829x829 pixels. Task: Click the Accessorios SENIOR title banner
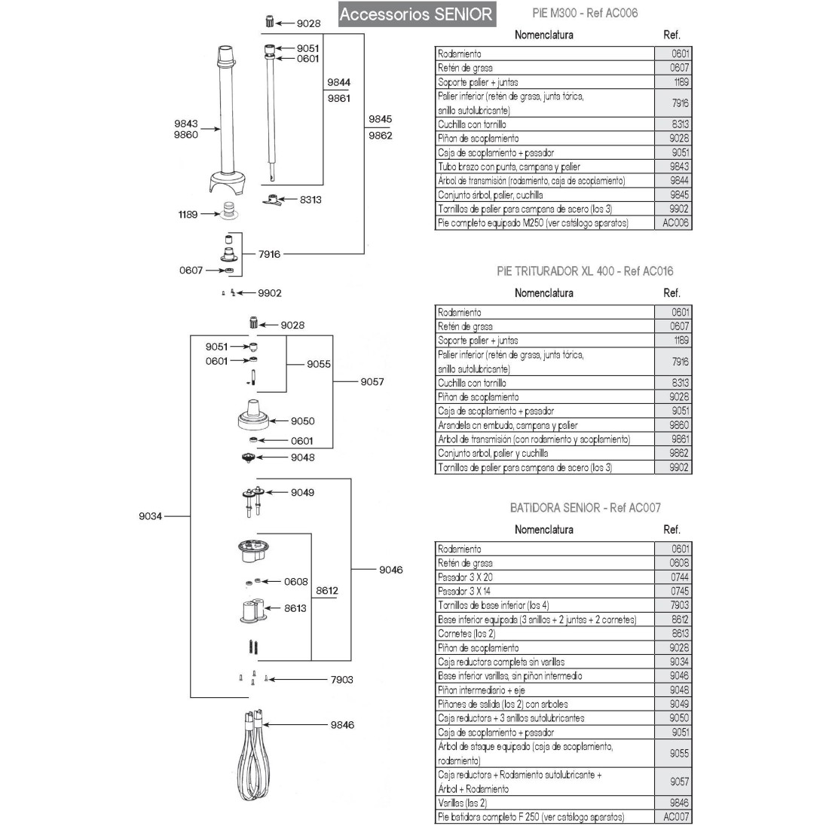coord(416,14)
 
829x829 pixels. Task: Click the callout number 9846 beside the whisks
coord(341,725)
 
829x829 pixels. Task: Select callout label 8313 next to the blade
coord(310,200)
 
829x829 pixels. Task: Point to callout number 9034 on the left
coord(151,516)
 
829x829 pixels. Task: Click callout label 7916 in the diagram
coord(269,254)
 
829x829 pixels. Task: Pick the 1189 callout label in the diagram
coord(188,215)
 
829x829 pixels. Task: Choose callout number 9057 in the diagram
coord(372,381)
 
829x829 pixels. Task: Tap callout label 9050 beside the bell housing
coord(302,421)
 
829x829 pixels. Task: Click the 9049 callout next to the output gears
coord(302,492)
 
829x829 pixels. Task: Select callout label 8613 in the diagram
coord(295,608)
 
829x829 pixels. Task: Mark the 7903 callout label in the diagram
coord(341,679)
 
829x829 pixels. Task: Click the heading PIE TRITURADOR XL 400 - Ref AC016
coord(585,271)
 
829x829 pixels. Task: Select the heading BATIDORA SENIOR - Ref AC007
coord(585,508)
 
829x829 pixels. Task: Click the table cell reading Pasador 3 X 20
coord(545,577)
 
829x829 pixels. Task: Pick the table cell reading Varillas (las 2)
coord(545,803)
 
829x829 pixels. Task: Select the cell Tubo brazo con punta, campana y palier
coord(545,167)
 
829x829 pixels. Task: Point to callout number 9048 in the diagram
coord(302,457)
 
